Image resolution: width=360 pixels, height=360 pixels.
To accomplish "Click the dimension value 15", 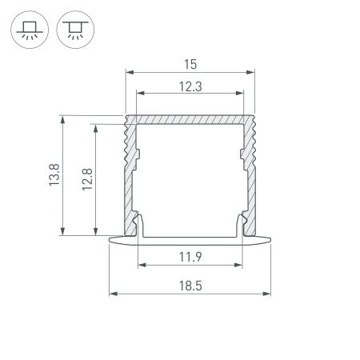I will tap(190, 62).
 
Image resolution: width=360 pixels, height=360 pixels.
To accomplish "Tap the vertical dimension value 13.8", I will tap(54, 175).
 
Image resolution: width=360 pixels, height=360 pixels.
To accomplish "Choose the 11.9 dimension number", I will tap(190, 256).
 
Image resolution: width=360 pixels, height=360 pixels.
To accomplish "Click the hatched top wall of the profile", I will tap(190, 119).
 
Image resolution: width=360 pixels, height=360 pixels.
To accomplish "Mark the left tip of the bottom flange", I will tap(110, 238).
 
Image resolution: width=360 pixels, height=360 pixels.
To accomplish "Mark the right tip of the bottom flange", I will tap(271, 238).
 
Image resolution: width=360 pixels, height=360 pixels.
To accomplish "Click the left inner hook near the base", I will tap(139, 222).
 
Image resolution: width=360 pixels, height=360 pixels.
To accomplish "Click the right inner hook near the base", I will tap(242, 222).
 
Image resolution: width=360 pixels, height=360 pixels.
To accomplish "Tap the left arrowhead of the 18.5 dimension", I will tap(112, 293).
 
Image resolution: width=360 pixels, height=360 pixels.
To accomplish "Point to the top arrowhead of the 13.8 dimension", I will tap(62, 117).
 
